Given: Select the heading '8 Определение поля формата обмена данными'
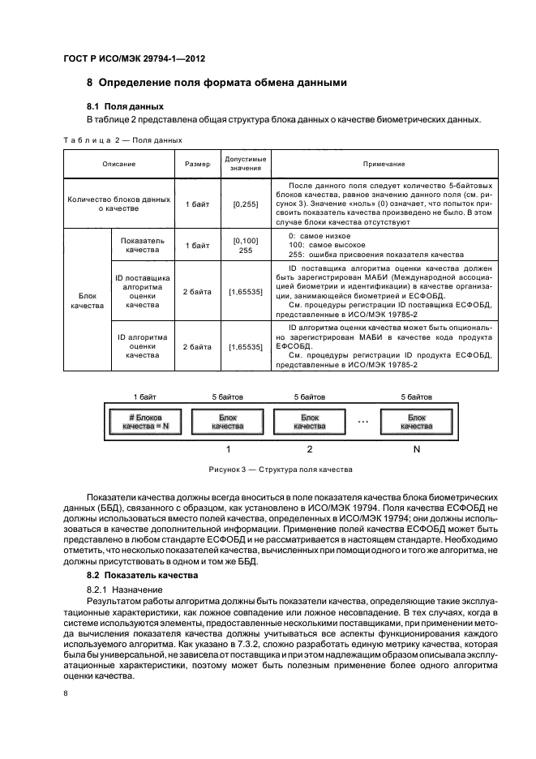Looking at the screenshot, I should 217,83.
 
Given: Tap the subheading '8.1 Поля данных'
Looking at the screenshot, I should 125,106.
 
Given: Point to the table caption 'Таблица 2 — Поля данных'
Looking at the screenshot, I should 122,140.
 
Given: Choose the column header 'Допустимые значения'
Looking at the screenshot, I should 245,164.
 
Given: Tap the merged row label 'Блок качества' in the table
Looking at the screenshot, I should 87,302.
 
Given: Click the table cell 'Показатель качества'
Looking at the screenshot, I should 142,246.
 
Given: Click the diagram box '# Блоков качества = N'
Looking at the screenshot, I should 144,422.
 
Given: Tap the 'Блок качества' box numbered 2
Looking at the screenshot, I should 309,422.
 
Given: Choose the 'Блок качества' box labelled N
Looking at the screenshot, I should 416,422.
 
